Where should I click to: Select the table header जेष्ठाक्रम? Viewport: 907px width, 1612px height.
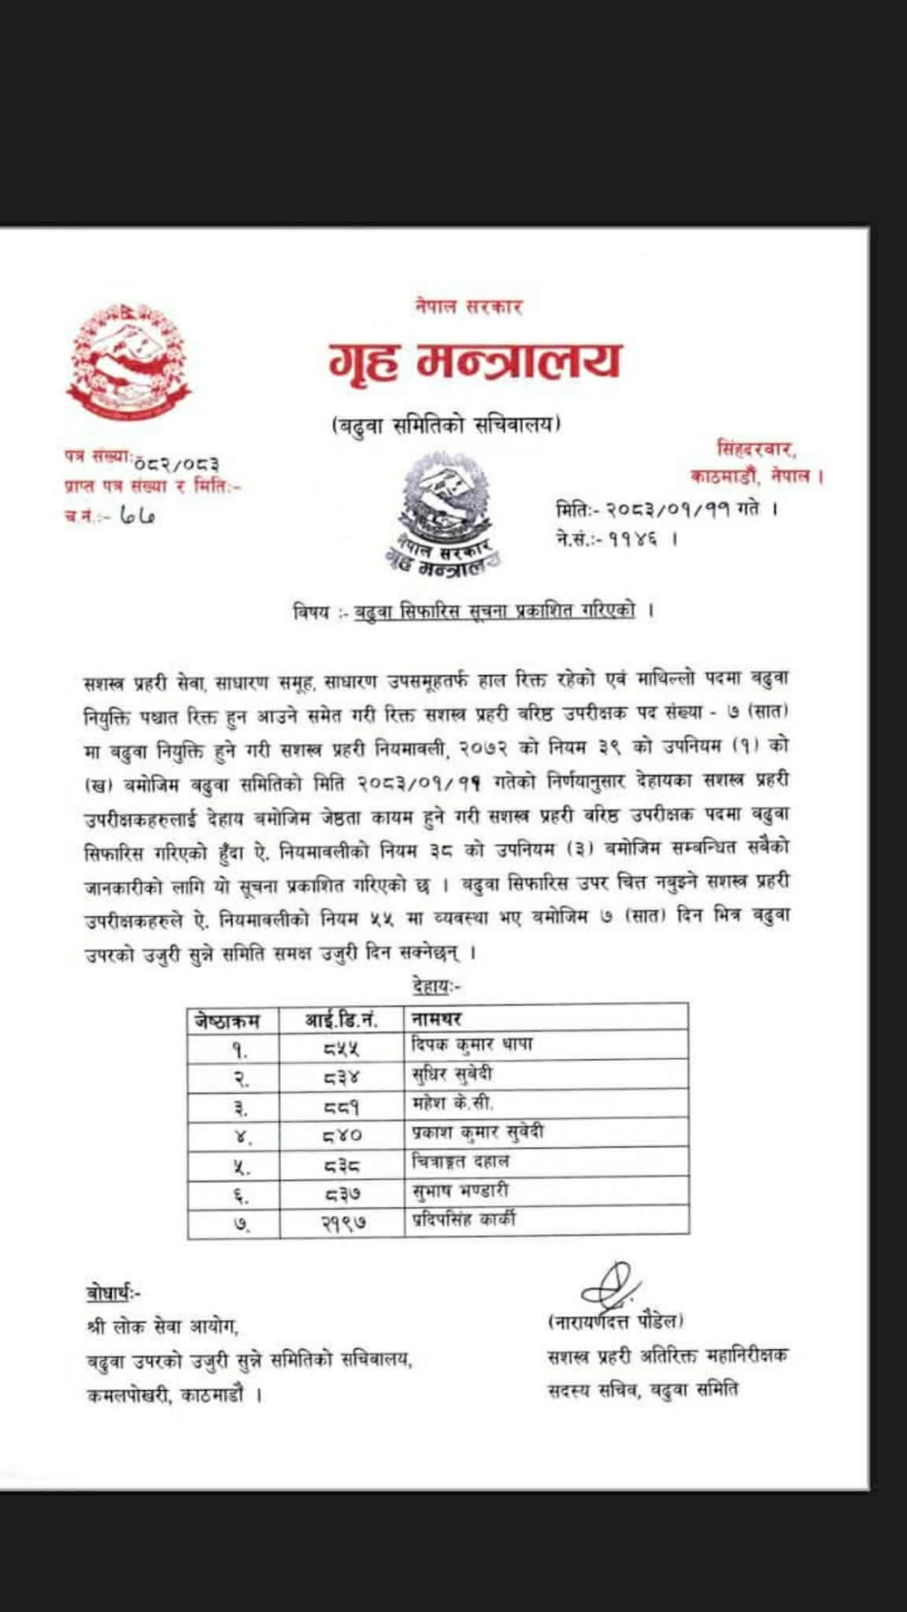tap(224, 1021)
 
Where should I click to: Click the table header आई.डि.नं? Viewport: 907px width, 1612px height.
tap(341, 1021)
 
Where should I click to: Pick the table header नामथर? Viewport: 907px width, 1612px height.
tap(436, 1020)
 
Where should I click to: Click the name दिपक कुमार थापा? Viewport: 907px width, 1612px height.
tap(472, 1045)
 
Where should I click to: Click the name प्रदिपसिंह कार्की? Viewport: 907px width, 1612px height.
tap(465, 1221)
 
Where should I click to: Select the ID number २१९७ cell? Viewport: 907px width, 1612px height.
tap(344, 1222)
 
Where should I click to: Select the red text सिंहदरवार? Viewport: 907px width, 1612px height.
tap(757, 449)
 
